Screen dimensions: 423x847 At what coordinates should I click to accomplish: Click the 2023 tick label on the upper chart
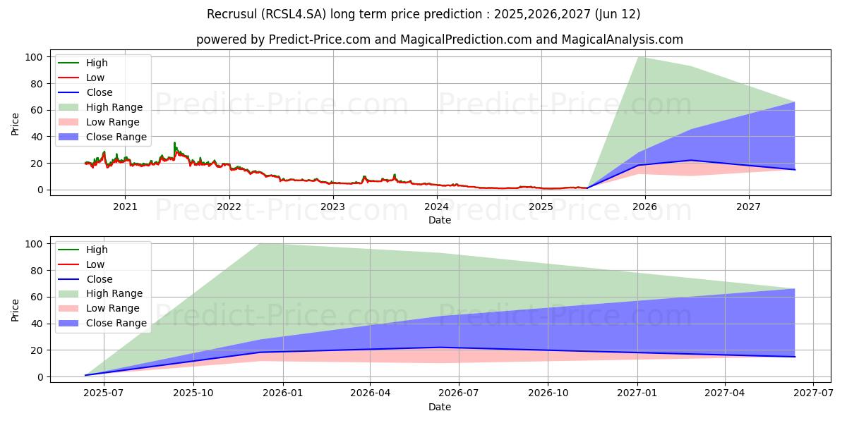coord(332,207)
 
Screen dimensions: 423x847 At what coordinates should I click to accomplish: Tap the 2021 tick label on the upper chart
coord(125,207)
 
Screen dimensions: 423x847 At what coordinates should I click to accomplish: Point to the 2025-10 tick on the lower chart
coord(193,394)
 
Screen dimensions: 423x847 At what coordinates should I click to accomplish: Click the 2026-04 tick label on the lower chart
coord(371,394)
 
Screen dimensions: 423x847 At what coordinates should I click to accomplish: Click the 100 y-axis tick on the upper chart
coord(35,57)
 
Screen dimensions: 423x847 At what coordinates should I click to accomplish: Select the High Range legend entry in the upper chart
coord(115,107)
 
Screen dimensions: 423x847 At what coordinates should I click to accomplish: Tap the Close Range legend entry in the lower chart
coord(116,324)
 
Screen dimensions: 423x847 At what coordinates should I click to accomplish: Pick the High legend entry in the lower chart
coord(97,250)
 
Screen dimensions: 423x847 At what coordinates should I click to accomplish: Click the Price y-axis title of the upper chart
coord(16,123)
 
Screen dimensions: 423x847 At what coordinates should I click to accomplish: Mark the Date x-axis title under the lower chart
coord(439,407)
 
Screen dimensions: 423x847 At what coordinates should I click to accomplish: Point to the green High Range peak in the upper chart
coord(638,57)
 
